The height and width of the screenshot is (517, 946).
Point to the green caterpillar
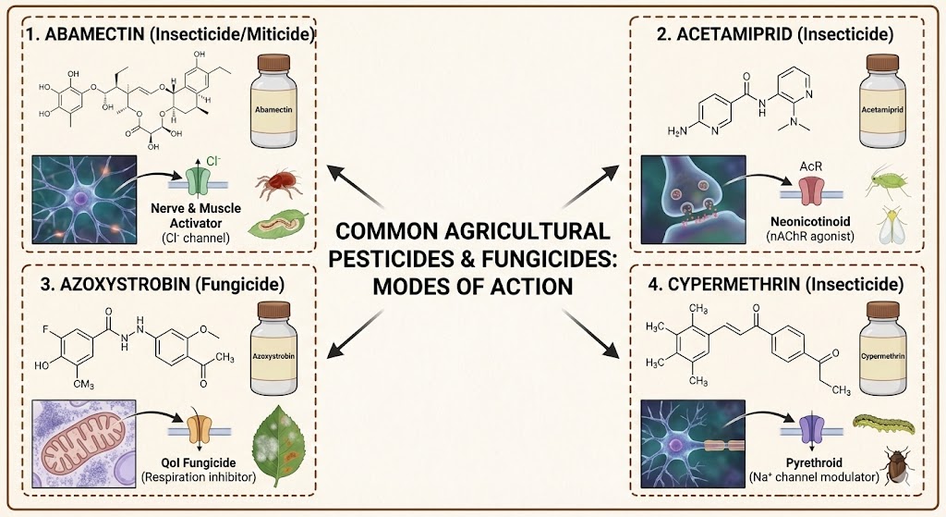[x=883, y=425]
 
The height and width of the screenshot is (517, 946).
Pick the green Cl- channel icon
[x=197, y=178]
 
